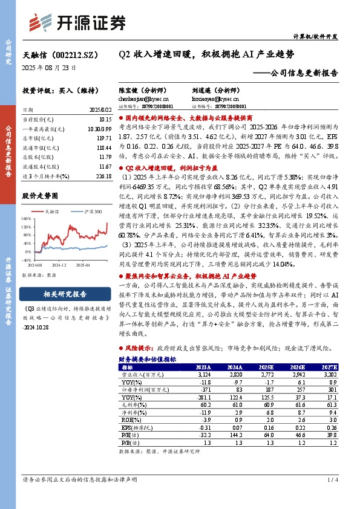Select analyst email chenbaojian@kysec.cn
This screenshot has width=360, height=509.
point(144,98)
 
